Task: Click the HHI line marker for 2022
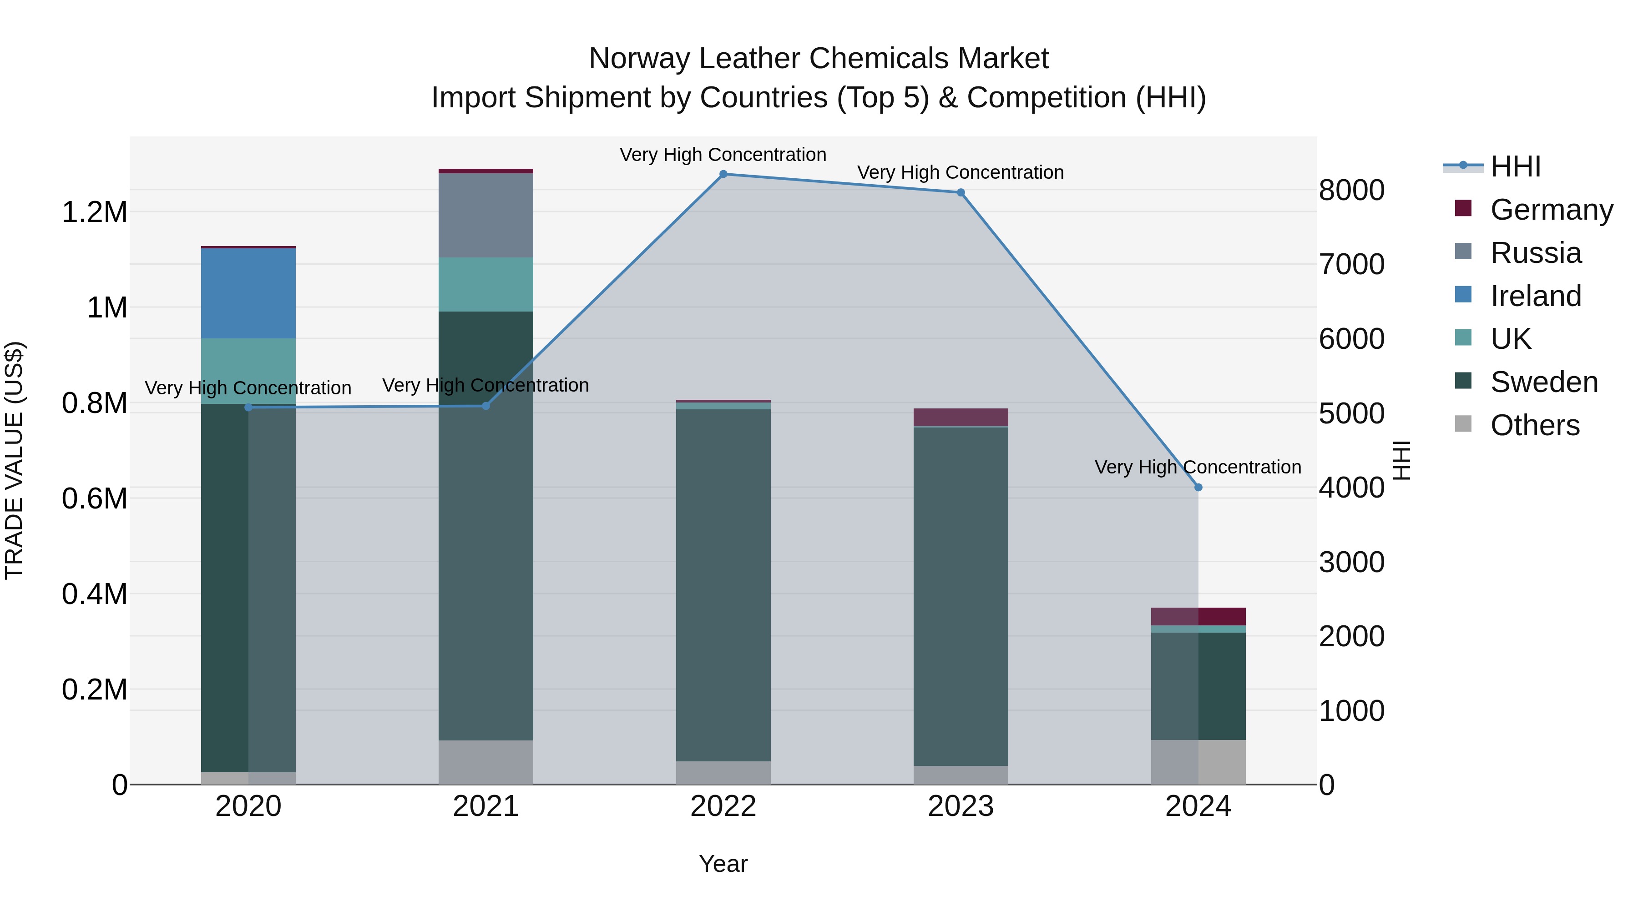click(723, 174)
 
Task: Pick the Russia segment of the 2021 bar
click(486, 216)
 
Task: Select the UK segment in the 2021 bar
click(486, 284)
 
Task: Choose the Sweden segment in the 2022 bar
click(723, 585)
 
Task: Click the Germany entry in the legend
click(1551, 210)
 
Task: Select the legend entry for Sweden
click(1543, 382)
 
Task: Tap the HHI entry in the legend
click(1515, 166)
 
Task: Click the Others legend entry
click(1534, 425)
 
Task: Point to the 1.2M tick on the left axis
click(95, 212)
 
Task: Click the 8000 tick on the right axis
click(1352, 190)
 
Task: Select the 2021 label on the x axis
click(486, 806)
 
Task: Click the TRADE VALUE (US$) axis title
click(14, 460)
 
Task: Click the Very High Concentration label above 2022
click(723, 155)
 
